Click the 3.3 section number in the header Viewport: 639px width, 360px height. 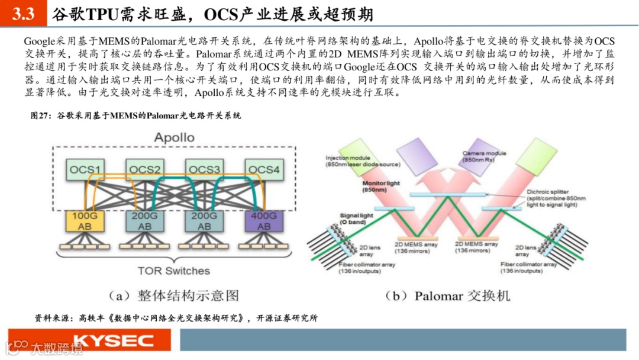click(23, 14)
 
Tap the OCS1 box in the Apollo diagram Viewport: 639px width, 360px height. click(84, 170)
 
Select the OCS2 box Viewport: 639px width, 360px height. click(145, 170)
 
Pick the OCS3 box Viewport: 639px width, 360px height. click(204, 170)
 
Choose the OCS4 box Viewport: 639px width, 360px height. click(264, 170)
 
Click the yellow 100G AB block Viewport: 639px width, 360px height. click(84, 221)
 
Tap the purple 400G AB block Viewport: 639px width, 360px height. click(264, 221)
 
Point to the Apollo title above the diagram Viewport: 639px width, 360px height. click(174, 138)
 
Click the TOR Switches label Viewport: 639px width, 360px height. click(173, 271)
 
